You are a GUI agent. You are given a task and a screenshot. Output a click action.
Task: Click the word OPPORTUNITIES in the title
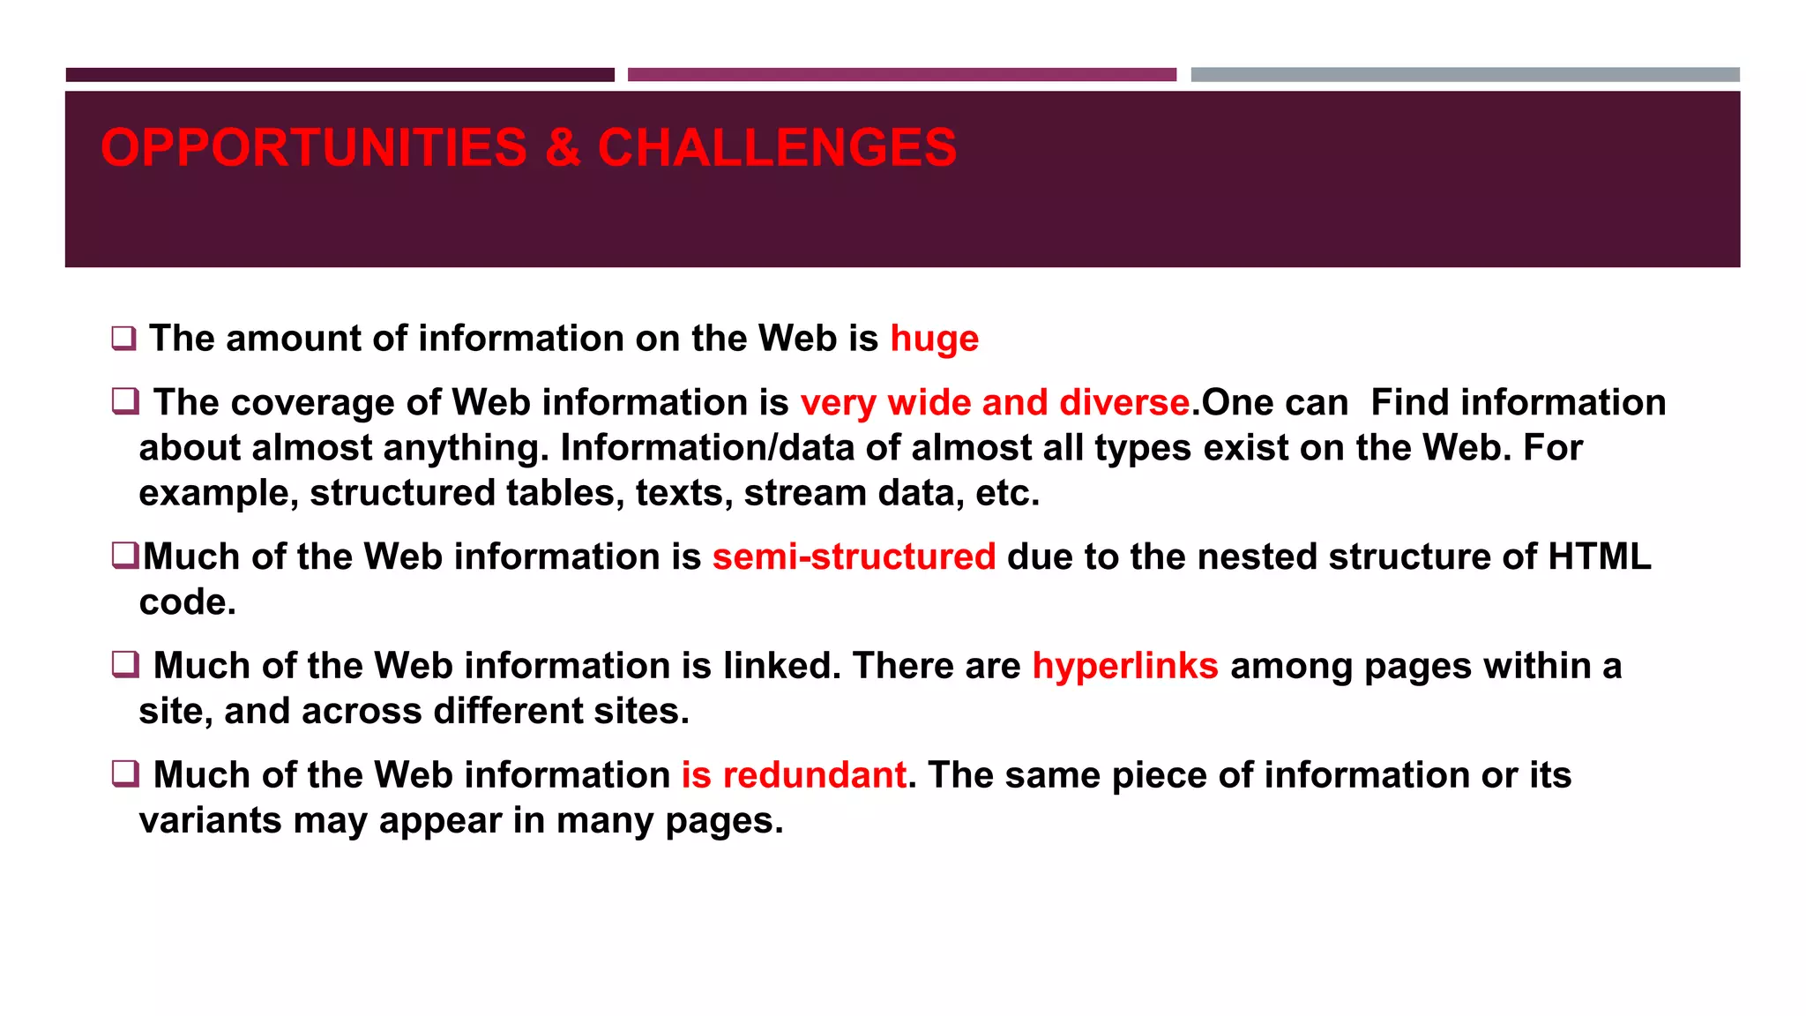(x=313, y=147)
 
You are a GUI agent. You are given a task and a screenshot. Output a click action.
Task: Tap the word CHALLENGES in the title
(x=777, y=147)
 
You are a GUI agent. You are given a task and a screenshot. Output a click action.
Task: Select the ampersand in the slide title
(x=563, y=147)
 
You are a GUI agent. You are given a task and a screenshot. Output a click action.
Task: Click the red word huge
(x=934, y=340)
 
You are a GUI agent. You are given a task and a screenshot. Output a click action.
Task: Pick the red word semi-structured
(x=854, y=557)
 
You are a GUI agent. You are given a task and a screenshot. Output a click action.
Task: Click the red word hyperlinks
(x=1125, y=667)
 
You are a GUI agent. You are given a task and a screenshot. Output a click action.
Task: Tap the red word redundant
(x=814, y=776)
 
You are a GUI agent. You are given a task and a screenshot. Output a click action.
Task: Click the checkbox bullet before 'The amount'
(x=123, y=339)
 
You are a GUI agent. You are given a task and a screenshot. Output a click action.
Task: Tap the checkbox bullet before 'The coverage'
(x=125, y=402)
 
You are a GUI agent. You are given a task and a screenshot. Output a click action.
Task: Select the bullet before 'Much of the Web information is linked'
(x=125, y=664)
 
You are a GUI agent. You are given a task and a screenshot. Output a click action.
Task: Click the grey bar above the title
(x=1465, y=75)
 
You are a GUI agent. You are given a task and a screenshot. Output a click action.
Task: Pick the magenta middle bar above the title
(x=901, y=75)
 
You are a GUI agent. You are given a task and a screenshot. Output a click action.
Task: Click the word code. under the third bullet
(x=187, y=603)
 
